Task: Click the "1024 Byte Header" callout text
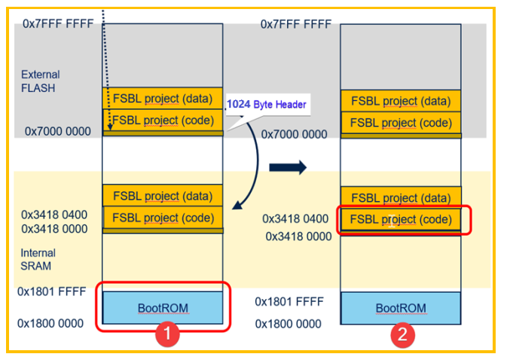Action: point(267,105)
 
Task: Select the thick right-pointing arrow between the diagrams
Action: point(288,167)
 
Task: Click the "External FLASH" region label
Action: point(41,81)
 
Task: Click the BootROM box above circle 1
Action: point(163,307)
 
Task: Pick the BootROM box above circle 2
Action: point(401,308)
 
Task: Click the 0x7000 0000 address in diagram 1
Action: point(57,131)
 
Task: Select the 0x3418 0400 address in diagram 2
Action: point(295,219)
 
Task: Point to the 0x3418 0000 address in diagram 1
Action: point(54,228)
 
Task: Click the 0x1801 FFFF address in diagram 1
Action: point(54,291)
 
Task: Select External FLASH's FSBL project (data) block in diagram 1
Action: point(163,99)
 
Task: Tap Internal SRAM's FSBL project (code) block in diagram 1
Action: point(163,218)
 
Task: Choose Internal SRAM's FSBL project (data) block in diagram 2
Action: point(401,197)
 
